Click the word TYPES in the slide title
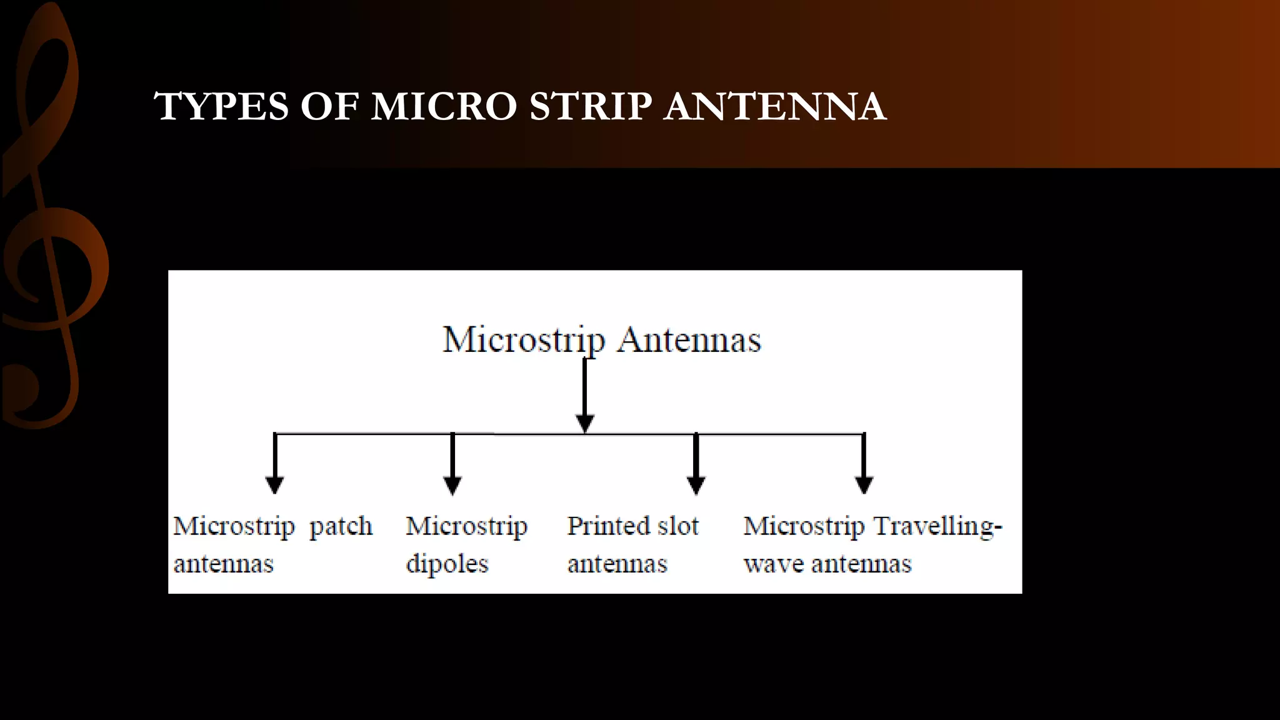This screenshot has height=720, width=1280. point(221,106)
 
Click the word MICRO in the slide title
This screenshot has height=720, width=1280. point(444,106)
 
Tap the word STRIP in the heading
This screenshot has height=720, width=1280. point(591,106)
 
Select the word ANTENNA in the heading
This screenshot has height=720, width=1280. point(775,106)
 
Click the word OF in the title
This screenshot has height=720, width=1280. point(329,106)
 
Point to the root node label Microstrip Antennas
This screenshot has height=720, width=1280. point(602,340)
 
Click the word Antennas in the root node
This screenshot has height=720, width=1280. point(689,340)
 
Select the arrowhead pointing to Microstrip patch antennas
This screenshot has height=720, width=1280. point(275,484)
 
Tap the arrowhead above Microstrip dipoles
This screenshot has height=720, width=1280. point(452,484)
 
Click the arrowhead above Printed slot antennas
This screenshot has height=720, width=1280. point(696,484)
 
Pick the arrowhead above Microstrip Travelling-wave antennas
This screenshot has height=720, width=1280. point(864,484)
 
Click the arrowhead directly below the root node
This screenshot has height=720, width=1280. point(584,423)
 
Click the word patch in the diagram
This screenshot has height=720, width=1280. point(341,526)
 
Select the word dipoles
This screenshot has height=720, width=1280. point(447,564)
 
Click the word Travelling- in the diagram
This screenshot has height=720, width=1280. point(937,526)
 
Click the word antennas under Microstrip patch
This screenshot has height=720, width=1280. point(224,564)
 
